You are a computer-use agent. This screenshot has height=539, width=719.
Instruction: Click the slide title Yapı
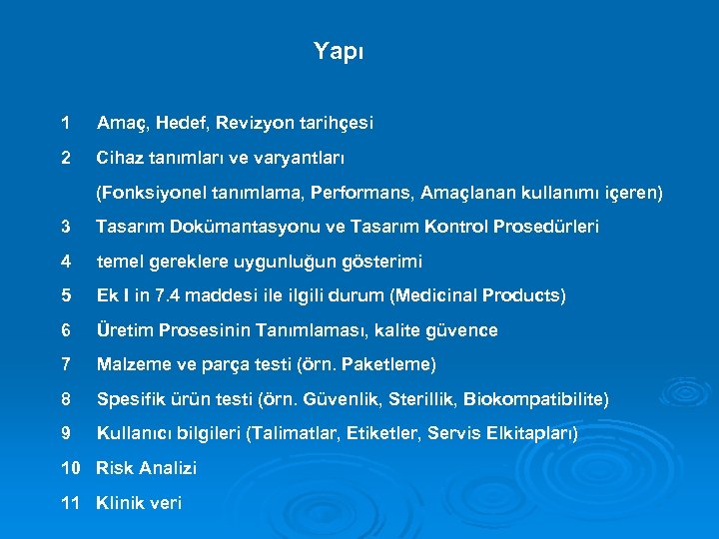pos(339,51)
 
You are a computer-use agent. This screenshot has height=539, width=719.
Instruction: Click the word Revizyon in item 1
pos(258,124)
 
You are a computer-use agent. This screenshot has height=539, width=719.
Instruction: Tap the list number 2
pos(66,158)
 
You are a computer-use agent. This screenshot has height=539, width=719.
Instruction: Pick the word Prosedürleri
pos(544,227)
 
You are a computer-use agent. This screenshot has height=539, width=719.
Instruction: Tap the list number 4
pos(66,262)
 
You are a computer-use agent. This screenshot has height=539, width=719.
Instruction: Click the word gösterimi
pos(383,262)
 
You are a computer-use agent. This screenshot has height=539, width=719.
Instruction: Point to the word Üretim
pos(121,330)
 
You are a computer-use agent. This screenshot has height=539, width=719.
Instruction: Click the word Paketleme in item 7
pos(389,364)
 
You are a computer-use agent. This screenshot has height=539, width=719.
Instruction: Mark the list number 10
pos(71,468)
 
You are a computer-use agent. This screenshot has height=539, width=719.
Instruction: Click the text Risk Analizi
pos(146,468)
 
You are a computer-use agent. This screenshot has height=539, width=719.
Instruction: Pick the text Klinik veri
pos(139,503)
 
